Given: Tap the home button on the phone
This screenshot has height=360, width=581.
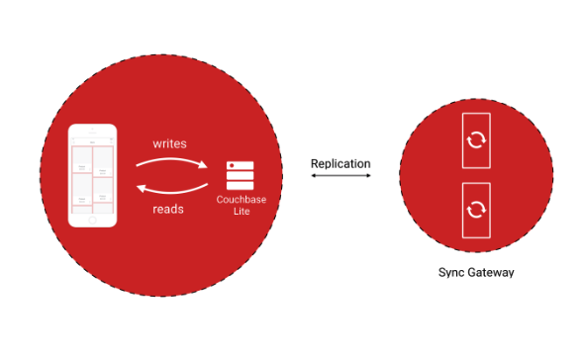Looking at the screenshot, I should point(92,220).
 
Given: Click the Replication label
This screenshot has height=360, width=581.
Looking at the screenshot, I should point(340,163).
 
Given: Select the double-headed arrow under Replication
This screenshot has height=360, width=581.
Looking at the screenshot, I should point(340,176).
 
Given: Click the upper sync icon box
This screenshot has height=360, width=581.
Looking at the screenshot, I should point(476,140).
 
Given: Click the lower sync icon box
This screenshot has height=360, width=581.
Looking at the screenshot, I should point(476,209).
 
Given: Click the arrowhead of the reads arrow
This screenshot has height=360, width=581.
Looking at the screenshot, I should point(139,187).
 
